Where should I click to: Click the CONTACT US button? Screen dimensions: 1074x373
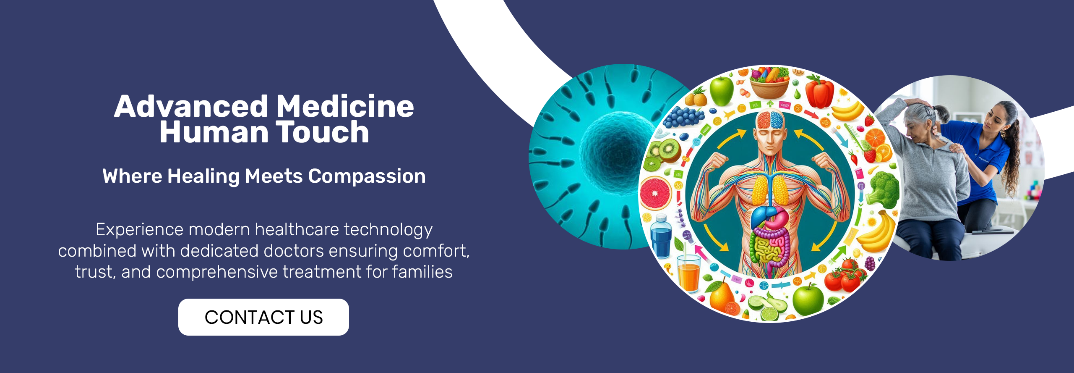point(263,317)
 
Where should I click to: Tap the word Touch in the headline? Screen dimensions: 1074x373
point(322,132)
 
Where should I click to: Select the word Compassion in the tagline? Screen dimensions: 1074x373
point(367,176)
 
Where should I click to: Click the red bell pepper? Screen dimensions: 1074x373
point(819,92)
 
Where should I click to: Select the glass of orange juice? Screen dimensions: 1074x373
point(688,273)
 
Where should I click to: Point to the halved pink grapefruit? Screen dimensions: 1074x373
point(655,193)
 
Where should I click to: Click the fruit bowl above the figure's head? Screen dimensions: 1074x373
point(770,82)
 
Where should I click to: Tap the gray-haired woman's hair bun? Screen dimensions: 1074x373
point(942,112)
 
